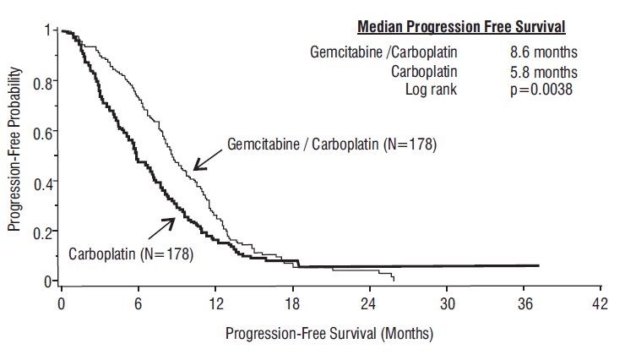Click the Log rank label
(x=431, y=89)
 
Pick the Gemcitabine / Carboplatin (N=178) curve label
(x=331, y=145)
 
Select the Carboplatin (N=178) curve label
(x=131, y=254)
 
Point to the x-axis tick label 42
(x=601, y=302)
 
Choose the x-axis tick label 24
(x=369, y=302)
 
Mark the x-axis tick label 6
(x=139, y=302)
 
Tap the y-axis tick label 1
(x=49, y=32)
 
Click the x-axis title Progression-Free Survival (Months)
(x=329, y=333)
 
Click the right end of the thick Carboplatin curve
(x=538, y=265)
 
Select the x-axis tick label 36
(x=524, y=302)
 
